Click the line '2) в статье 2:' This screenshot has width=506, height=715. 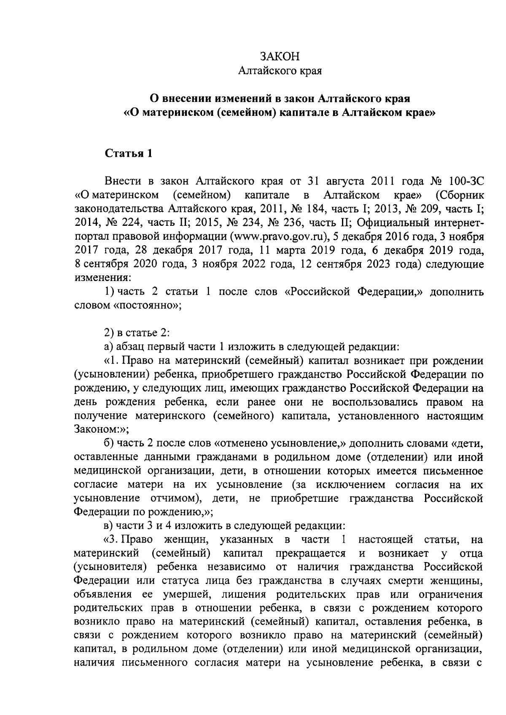coord(137,333)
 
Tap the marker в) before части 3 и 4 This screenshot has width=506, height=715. coord(108,526)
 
